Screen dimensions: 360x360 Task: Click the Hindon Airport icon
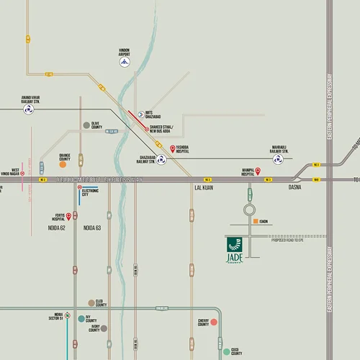coord(125,63)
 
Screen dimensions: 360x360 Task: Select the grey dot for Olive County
coord(86,125)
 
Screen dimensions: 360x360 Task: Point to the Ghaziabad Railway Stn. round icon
coord(162,161)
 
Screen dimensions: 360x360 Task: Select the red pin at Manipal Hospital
coord(239,172)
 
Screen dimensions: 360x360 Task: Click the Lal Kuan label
coord(204,187)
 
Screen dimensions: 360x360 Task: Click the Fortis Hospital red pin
coord(69,215)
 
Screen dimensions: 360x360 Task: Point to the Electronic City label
coord(90,192)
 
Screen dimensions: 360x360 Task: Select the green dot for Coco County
coord(226,351)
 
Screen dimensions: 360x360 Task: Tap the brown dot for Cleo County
coord(91,303)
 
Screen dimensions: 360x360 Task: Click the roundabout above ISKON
coord(249,210)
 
